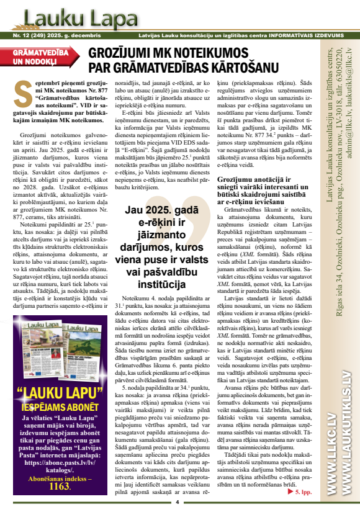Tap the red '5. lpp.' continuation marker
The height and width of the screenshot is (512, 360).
pyautogui.click(x=304, y=492)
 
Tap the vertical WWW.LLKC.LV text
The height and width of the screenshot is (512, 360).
pyautogui.click(x=327, y=460)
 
